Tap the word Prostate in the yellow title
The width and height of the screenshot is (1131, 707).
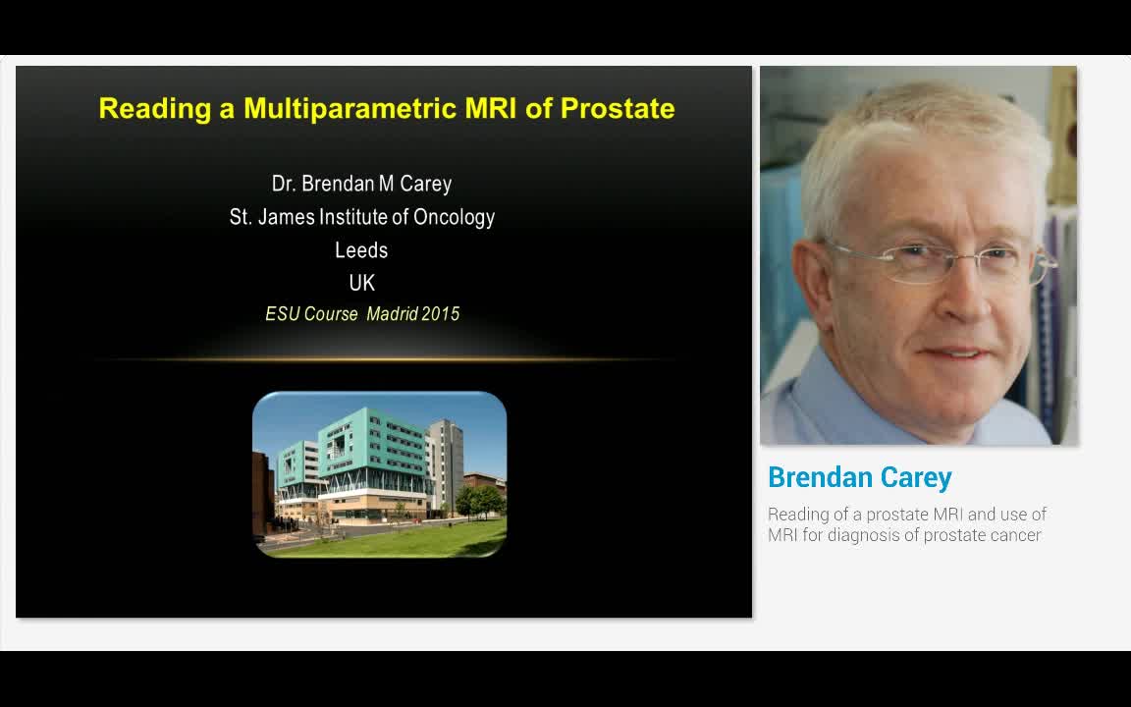coord(617,108)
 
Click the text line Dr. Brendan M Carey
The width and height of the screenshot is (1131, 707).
coord(361,184)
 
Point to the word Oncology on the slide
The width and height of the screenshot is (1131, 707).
coord(454,217)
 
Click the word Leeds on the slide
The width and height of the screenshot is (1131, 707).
coord(361,250)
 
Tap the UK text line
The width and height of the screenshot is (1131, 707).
coord(361,283)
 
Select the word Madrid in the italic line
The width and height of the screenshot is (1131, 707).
coord(391,314)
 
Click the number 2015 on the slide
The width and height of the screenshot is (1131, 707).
coord(440,314)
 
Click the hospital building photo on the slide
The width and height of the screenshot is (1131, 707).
coord(379,462)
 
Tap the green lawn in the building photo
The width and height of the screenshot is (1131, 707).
coord(412,539)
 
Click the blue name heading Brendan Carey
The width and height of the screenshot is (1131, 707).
coord(859,477)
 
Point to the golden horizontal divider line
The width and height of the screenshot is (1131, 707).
coord(383,360)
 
